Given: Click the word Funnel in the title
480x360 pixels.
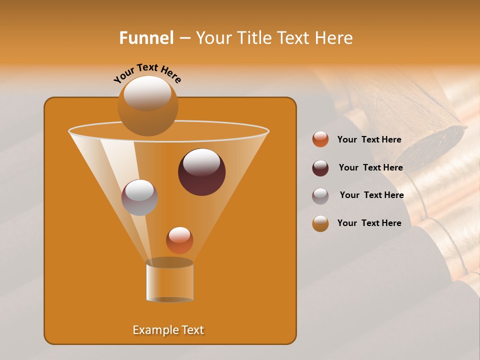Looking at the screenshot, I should click(146, 38).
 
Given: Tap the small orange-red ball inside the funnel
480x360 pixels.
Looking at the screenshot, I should click(179, 241).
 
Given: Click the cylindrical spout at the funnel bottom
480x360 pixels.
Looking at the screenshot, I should click(169, 281).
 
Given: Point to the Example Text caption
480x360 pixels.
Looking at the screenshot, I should click(168, 330).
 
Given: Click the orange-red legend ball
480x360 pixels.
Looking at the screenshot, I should click(320, 139).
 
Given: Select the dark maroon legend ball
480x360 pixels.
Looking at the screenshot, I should click(320, 168).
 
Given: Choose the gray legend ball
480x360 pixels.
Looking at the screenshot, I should click(320, 196).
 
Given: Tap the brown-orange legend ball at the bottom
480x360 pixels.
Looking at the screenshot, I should click(320, 223).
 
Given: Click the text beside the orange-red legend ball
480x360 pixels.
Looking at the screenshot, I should click(369, 140).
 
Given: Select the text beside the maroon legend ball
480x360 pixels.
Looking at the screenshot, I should click(370, 168).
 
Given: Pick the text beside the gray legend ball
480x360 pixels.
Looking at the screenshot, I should click(371, 195).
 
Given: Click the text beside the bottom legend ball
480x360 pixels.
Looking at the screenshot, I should click(369, 223).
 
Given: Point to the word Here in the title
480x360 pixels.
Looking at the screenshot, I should click(334, 38).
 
